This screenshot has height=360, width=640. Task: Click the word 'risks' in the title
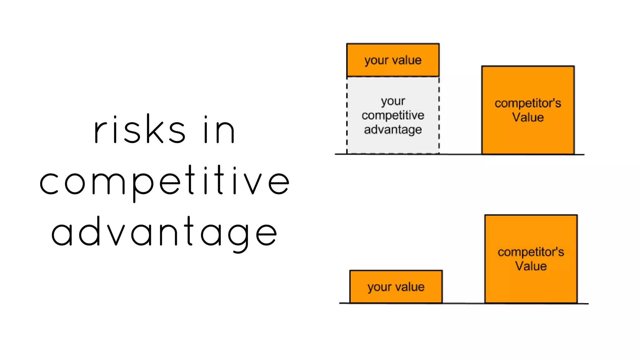coord(140,130)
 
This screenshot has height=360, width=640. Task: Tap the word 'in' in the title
coord(219,130)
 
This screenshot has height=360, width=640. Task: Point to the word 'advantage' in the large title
coord(164,233)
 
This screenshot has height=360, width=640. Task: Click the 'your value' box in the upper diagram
coord(393,60)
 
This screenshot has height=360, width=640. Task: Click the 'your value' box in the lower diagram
coord(396,287)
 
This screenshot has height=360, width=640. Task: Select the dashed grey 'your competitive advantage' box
coord(393,115)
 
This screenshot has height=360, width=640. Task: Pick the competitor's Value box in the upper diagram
coord(528,110)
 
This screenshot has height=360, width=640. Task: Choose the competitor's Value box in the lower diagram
coord(531,259)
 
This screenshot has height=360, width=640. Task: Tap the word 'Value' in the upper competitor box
coord(528,117)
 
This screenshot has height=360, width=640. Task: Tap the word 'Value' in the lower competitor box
coord(531,266)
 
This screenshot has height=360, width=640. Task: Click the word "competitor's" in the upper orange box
coord(528,103)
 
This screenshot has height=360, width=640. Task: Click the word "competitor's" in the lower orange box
coord(531,252)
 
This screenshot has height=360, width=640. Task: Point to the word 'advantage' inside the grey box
coord(393,130)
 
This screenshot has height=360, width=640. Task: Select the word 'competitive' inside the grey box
coord(393,115)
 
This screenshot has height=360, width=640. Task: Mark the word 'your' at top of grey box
coord(393,101)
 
